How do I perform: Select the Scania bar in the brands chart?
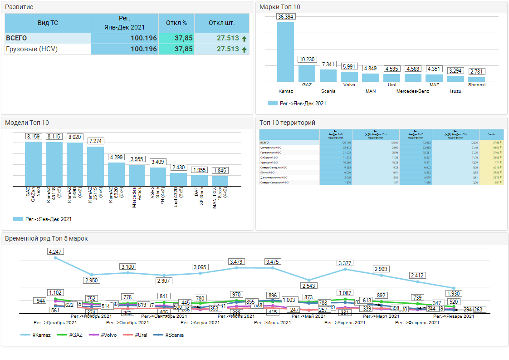pos(328,75)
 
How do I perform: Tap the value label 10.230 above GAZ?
pos(307,59)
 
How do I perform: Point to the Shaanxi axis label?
pos(477,84)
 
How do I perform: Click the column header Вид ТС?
pos(48,23)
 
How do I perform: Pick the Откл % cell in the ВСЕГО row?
pos(176,38)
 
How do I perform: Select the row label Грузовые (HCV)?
pos(32,49)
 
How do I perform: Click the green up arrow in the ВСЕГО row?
pos(245,39)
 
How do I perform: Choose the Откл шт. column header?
pos(221,23)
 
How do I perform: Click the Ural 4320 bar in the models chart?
pos(178,179)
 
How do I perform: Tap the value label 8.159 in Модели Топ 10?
pos(34,136)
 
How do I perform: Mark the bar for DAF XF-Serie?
pos(199,181)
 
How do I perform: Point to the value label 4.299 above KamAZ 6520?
pos(117,157)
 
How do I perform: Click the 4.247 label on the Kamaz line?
pos(56,251)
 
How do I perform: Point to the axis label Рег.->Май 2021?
pos(308,316)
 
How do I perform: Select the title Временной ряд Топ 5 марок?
pos(46,238)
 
